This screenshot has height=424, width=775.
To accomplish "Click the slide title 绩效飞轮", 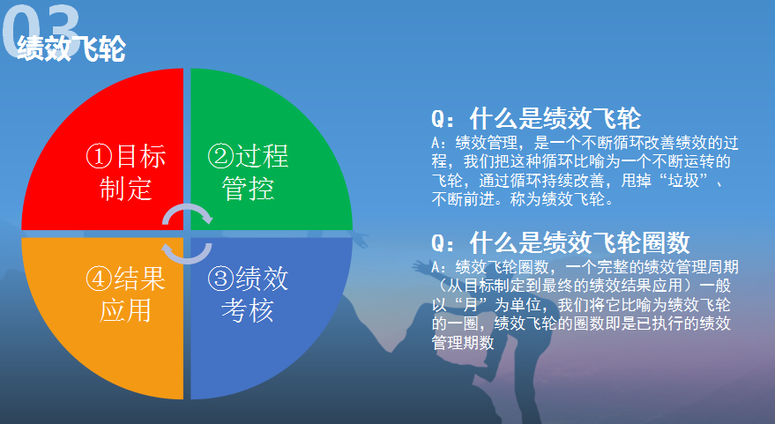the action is coord(71,48).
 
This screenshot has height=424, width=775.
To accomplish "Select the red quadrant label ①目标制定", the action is coord(125,172).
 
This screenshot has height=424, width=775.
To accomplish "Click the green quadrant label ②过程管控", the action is coord(248,172).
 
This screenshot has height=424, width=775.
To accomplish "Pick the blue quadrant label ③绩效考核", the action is coord(248,294).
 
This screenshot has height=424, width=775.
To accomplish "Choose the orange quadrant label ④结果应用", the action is coord(125,294).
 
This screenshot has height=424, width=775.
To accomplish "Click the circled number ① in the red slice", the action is coord(100,156).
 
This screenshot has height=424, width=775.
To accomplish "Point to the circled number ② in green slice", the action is coord(220,156).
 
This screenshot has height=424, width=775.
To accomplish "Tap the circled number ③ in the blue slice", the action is coord(220,279).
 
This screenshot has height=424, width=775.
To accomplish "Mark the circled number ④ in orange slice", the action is coord(100,279).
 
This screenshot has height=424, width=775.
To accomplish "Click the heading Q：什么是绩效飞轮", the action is coord(536,118).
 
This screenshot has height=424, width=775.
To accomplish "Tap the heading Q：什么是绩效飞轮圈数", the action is coord(560,242).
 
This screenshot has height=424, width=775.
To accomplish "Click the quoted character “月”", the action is coord(470,304).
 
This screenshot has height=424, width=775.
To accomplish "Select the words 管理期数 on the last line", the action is coord(463,342).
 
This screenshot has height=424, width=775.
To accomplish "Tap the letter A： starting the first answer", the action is coord(439,143).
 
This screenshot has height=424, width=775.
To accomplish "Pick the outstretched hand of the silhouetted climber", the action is coord(421,267).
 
